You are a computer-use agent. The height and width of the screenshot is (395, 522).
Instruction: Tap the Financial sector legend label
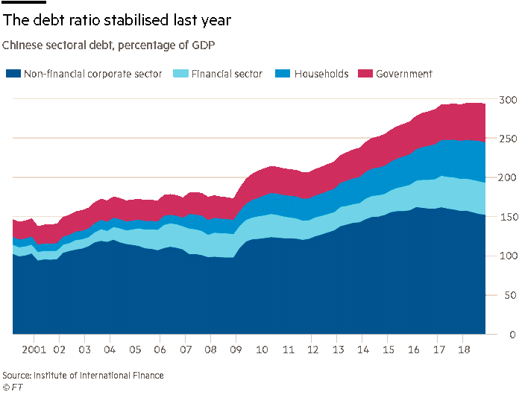[x=227, y=74]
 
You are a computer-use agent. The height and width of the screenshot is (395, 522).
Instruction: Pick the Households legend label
[x=321, y=74]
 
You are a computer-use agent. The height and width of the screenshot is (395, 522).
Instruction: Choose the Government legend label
[x=404, y=74]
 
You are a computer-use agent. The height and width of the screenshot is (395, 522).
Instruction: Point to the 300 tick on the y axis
[x=507, y=100]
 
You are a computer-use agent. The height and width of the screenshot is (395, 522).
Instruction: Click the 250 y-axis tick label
[x=507, y=139]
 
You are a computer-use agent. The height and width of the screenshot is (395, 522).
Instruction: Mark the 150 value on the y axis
[x=507, y=217]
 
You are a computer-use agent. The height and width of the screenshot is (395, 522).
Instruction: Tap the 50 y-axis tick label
[x=510, y=295]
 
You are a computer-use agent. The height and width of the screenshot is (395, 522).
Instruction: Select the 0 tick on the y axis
[x=513, y=335]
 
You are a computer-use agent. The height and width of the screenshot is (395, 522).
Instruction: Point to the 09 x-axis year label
[x=236, y=349]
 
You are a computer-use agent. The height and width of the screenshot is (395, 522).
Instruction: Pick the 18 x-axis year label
[x=462, y=349]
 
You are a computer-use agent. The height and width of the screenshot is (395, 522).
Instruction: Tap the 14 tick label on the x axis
[x=362, y=349]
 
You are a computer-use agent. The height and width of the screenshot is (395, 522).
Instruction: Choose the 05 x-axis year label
[x=135, y=349]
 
